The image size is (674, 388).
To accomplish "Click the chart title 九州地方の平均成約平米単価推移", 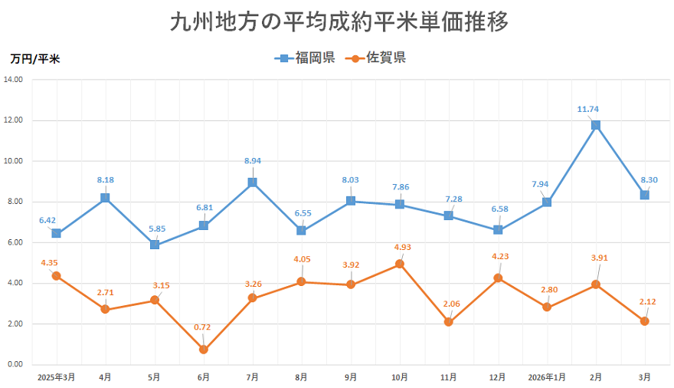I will pyautogui.click(x=338, y=21).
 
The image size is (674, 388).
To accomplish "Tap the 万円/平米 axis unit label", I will pyautogui.click(x=36, y=58).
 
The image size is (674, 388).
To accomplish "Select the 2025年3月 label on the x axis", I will pyautogui.click(x=55, y=377).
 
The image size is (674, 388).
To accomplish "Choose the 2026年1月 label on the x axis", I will pyautogui.click(x=546, y=377).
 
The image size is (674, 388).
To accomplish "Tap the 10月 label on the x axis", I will pyautogui.click(x=399, y=377).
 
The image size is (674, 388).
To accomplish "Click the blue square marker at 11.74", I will pyautogui.click(x=595, y=125).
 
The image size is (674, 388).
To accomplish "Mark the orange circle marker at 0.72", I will pyautogui.click(x=203, y=350).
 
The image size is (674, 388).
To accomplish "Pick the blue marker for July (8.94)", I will pyautogui.click(x=252, y=182).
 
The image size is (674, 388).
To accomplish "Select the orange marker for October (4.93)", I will pyautogui.click(x=399, y=264).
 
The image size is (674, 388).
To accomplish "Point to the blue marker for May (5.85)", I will pyautogui.click(x=154, y=245).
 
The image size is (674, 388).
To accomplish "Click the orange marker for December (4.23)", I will pyautogui.click(x=497, y=278).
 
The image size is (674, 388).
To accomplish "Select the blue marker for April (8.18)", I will pyautogui.click(x=105, y=198).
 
